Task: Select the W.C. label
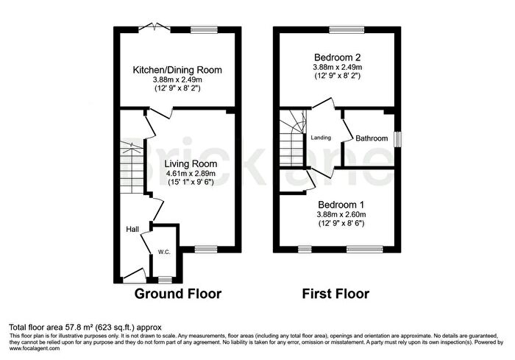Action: (x=163, y=253)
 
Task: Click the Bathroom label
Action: (x=372, y=138)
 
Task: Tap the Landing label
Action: (x=321, y=138)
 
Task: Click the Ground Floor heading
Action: (x=177, y=294)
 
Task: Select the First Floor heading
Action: (x=335, y=294)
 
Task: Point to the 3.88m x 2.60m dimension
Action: (x=341, y=214)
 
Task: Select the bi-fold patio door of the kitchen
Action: (x=152, y=29)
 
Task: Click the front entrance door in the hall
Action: (x=132, y=277)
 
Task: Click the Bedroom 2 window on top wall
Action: (x=346, y=29)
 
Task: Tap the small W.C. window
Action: (x=163, y=280)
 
